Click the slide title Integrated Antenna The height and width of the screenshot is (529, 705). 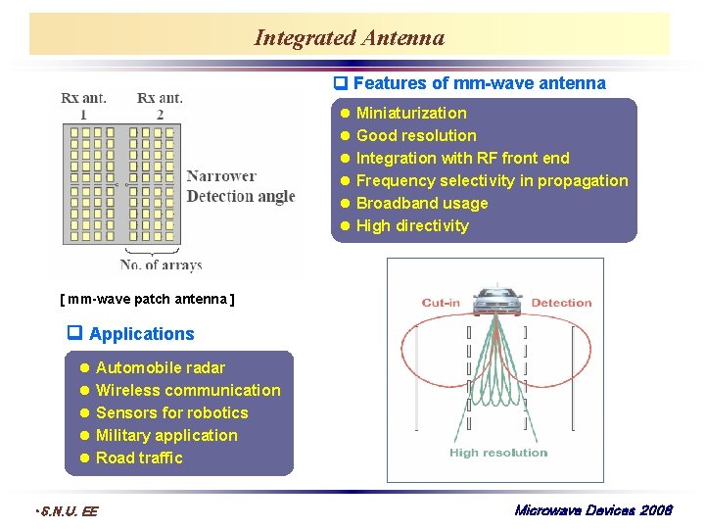pos(349,38)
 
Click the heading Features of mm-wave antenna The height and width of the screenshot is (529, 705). pos(479,83)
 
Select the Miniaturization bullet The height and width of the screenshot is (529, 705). pos(410,113)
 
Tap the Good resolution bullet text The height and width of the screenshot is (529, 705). pos(415,135)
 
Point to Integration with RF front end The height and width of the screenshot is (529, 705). pos(462,158)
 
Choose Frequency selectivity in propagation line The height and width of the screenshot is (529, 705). pos(492,180)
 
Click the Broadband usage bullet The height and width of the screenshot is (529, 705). pos(421,203)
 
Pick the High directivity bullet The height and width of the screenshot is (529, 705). pos(411,225)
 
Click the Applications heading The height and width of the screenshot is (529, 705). pos(141,333)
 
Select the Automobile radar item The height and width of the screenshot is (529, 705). pos(160,367)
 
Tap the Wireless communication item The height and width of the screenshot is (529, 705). pos(187,390)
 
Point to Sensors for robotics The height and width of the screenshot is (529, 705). pos(171,412)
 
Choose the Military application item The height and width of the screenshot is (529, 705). pos(166,435)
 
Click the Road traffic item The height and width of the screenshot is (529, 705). pos(139,457)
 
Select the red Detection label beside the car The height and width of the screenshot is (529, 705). pos(561,303)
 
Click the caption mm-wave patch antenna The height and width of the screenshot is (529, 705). pos(147,298)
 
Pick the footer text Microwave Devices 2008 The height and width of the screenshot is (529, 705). pos(591,510)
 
